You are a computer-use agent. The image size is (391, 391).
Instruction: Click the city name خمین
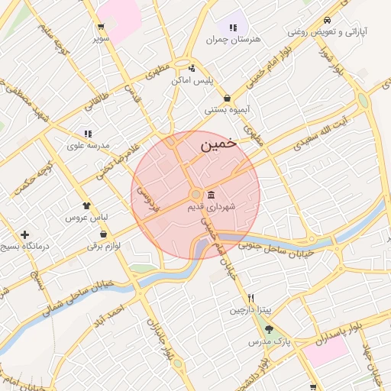(218, 144)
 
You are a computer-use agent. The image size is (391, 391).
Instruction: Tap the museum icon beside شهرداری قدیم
(211, 194)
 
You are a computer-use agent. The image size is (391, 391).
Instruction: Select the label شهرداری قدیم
(211, 206)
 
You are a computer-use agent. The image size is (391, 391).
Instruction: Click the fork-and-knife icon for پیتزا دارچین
(250, 298)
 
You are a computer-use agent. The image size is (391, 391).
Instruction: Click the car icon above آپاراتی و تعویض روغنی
(327, 20)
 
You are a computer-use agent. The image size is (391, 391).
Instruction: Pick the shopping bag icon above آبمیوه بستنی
(229, 98)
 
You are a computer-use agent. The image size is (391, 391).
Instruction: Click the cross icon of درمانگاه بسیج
(25, 234)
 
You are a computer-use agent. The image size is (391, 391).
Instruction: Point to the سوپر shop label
(102, 37)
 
